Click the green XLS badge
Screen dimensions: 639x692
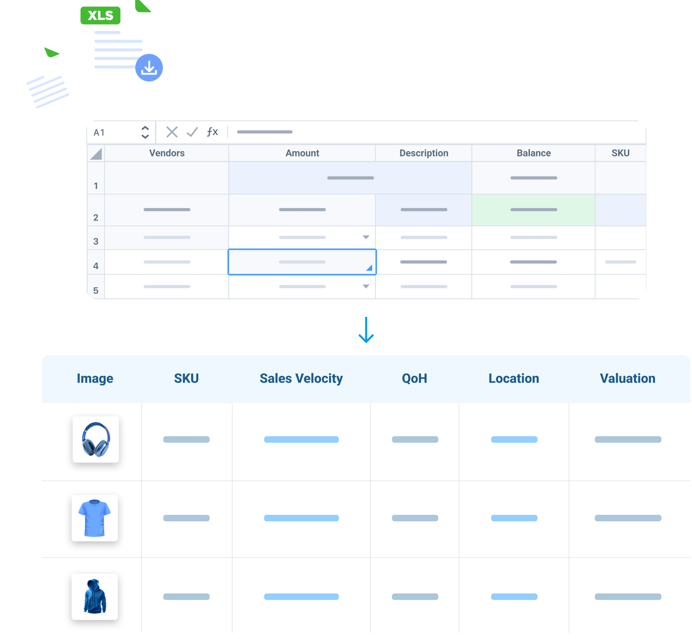tap(100, 15)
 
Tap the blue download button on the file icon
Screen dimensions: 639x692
tap(149, 68)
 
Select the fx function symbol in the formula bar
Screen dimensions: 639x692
tap(212, 132)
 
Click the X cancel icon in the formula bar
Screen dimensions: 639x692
tap(172, 132)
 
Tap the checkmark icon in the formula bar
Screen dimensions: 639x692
tap(192, 132)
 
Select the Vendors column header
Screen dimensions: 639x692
tap(167, 153)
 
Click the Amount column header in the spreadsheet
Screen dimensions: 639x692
tap(302, 153)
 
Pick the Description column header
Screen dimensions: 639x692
tap(423, 153)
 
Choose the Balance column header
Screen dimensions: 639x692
tap(533, 153)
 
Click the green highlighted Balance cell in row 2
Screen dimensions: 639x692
tap(533, 210)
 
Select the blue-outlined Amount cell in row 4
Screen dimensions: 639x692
tap(302, 262)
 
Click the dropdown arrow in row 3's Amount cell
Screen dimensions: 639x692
tap(366, 237)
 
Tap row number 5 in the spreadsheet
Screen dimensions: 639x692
tap(96, 290)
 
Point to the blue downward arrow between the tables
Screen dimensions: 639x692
tap(366, 330)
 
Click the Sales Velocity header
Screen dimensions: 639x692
tap(301, 378)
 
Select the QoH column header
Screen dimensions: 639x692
tap(414, 378)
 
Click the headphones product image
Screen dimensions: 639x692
tap(96, 439)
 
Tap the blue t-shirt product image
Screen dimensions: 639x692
tap(95, 518)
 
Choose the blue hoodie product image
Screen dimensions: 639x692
tap(95, 596)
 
